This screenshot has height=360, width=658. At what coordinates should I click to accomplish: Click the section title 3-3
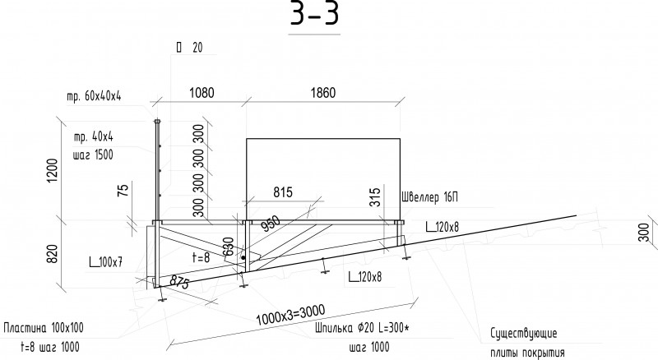click(314, 13)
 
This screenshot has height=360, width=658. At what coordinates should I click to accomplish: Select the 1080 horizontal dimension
click(202, 93)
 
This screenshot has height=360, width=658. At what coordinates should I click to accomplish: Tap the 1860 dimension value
click(323, 93)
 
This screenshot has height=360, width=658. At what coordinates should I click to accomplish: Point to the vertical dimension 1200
click(53, 170)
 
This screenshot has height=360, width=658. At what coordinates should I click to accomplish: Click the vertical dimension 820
click(52, 254)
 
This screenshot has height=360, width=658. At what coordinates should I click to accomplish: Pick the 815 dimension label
click(283, 192)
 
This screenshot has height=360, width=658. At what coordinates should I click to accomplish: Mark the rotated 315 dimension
click(375, 197)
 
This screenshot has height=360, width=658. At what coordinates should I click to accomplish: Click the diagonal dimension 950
click(271, 224)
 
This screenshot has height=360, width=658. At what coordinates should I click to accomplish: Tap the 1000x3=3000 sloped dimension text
click(290, 315)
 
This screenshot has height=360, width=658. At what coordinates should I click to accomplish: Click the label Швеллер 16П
click(429, 196)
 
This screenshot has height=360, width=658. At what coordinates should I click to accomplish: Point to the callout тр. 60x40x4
click(94, 96)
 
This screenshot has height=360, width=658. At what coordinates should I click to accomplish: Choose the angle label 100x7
click(106, 262)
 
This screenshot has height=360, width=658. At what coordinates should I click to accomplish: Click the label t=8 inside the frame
click(201, 256)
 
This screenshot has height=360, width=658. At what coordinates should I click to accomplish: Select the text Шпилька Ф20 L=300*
click(362, 328)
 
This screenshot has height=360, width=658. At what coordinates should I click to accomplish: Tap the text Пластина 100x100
click(44, 327)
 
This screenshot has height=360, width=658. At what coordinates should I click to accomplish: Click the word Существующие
click(524, 333)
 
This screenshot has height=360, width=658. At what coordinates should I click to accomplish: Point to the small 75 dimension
click(123, 191)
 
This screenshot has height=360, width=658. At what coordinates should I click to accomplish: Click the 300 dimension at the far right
click(644, 233)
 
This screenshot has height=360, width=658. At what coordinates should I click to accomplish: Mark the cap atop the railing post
click(157, 122)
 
